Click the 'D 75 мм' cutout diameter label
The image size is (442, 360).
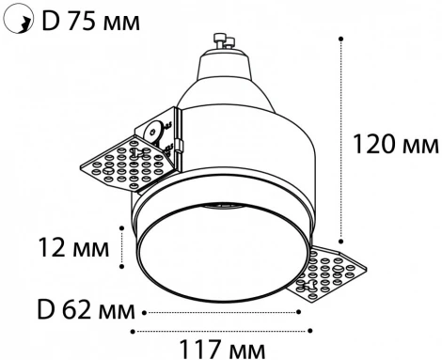point(90,20)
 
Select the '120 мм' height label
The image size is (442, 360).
point(394,144)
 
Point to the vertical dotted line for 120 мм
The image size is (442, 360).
point(340,141)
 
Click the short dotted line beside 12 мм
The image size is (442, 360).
point(123,248)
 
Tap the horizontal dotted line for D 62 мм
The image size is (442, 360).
point(220,310)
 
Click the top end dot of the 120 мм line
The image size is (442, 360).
point(340,40)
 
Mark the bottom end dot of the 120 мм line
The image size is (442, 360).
point(340,241)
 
